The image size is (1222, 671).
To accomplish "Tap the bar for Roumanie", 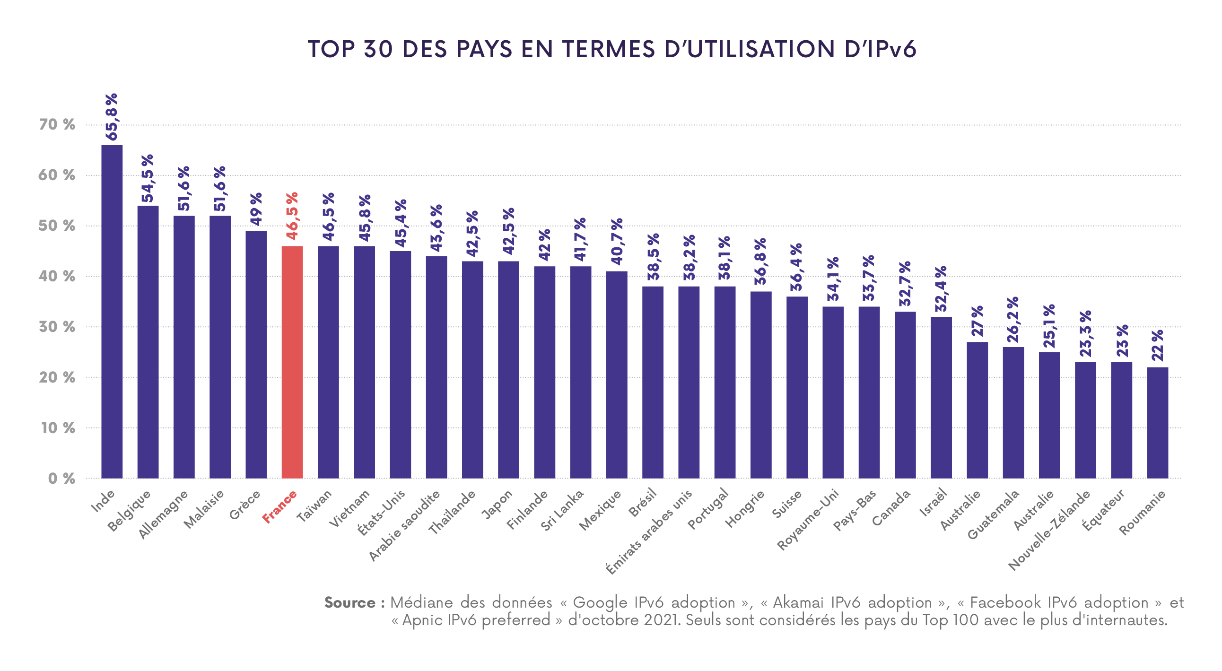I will (1158, 423).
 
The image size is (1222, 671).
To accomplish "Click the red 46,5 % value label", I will (292, 216).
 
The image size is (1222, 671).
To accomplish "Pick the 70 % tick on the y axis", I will (56, 125).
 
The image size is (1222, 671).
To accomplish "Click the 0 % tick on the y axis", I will (61, 479).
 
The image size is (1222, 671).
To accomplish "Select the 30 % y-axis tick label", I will (56, 327).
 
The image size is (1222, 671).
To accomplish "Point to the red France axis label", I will (280, 507).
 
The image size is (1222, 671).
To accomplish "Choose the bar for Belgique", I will (148, 341).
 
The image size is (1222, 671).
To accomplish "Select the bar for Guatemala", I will (1013, 412).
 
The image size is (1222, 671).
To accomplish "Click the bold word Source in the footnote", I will (350, 603).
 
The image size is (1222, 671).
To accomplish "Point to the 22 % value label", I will (1158, 345).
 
